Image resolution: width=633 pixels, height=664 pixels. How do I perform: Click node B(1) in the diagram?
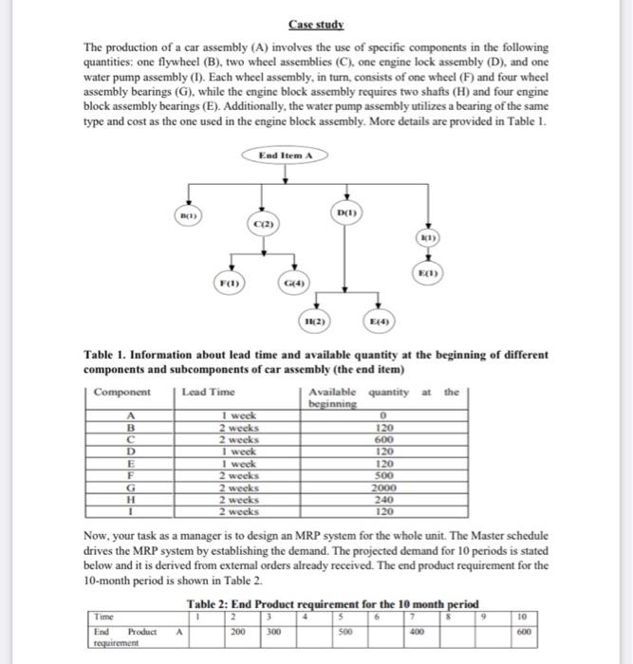coord(191,218)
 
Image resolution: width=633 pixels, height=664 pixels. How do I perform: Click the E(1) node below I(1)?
coord(428,272)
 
